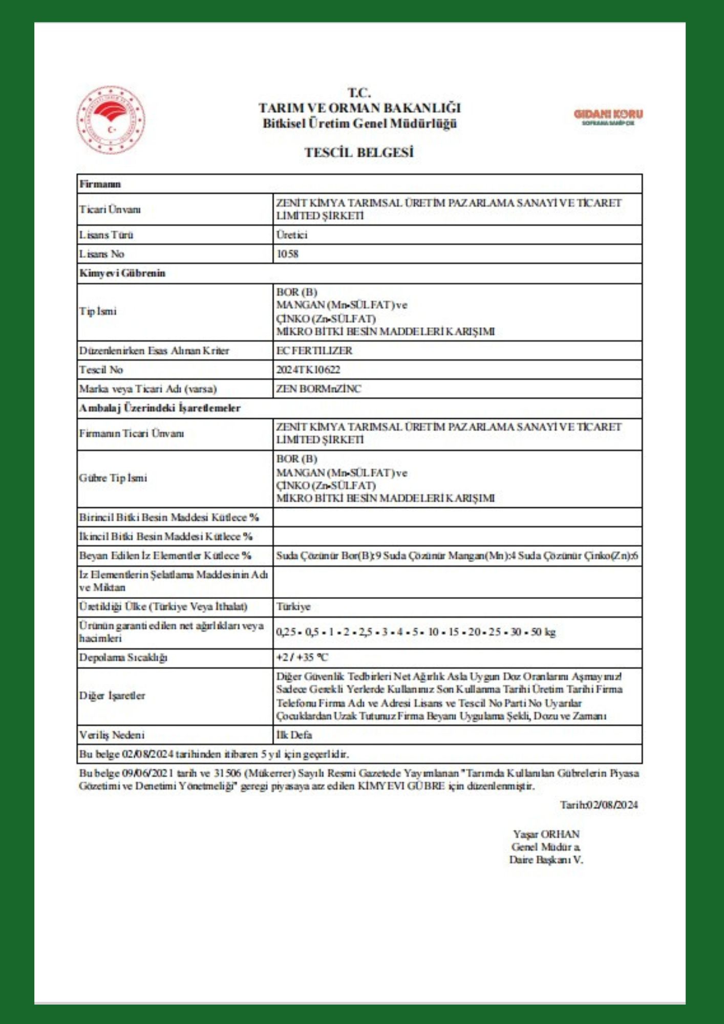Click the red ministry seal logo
[111, 120]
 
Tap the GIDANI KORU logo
[608, 116]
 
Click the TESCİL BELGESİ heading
[359, 153]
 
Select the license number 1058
[287, 254]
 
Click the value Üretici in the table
[292, 235]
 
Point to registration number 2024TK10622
[308, 370]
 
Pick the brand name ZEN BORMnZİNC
[318, 389]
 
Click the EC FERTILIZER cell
[314, 351]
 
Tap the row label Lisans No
[101, 254]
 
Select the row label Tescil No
[101, 370]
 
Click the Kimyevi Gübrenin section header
[122, 273]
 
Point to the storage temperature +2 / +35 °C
[302, 657]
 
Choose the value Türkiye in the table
[293, 607]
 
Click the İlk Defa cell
[294, 735]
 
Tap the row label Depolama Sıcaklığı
[123, 657]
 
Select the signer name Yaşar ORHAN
[546, 834]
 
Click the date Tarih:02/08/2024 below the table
[599, 805]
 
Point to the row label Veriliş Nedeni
[112, 735]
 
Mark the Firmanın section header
[100, 184]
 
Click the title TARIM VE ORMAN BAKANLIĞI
[359, 108]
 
